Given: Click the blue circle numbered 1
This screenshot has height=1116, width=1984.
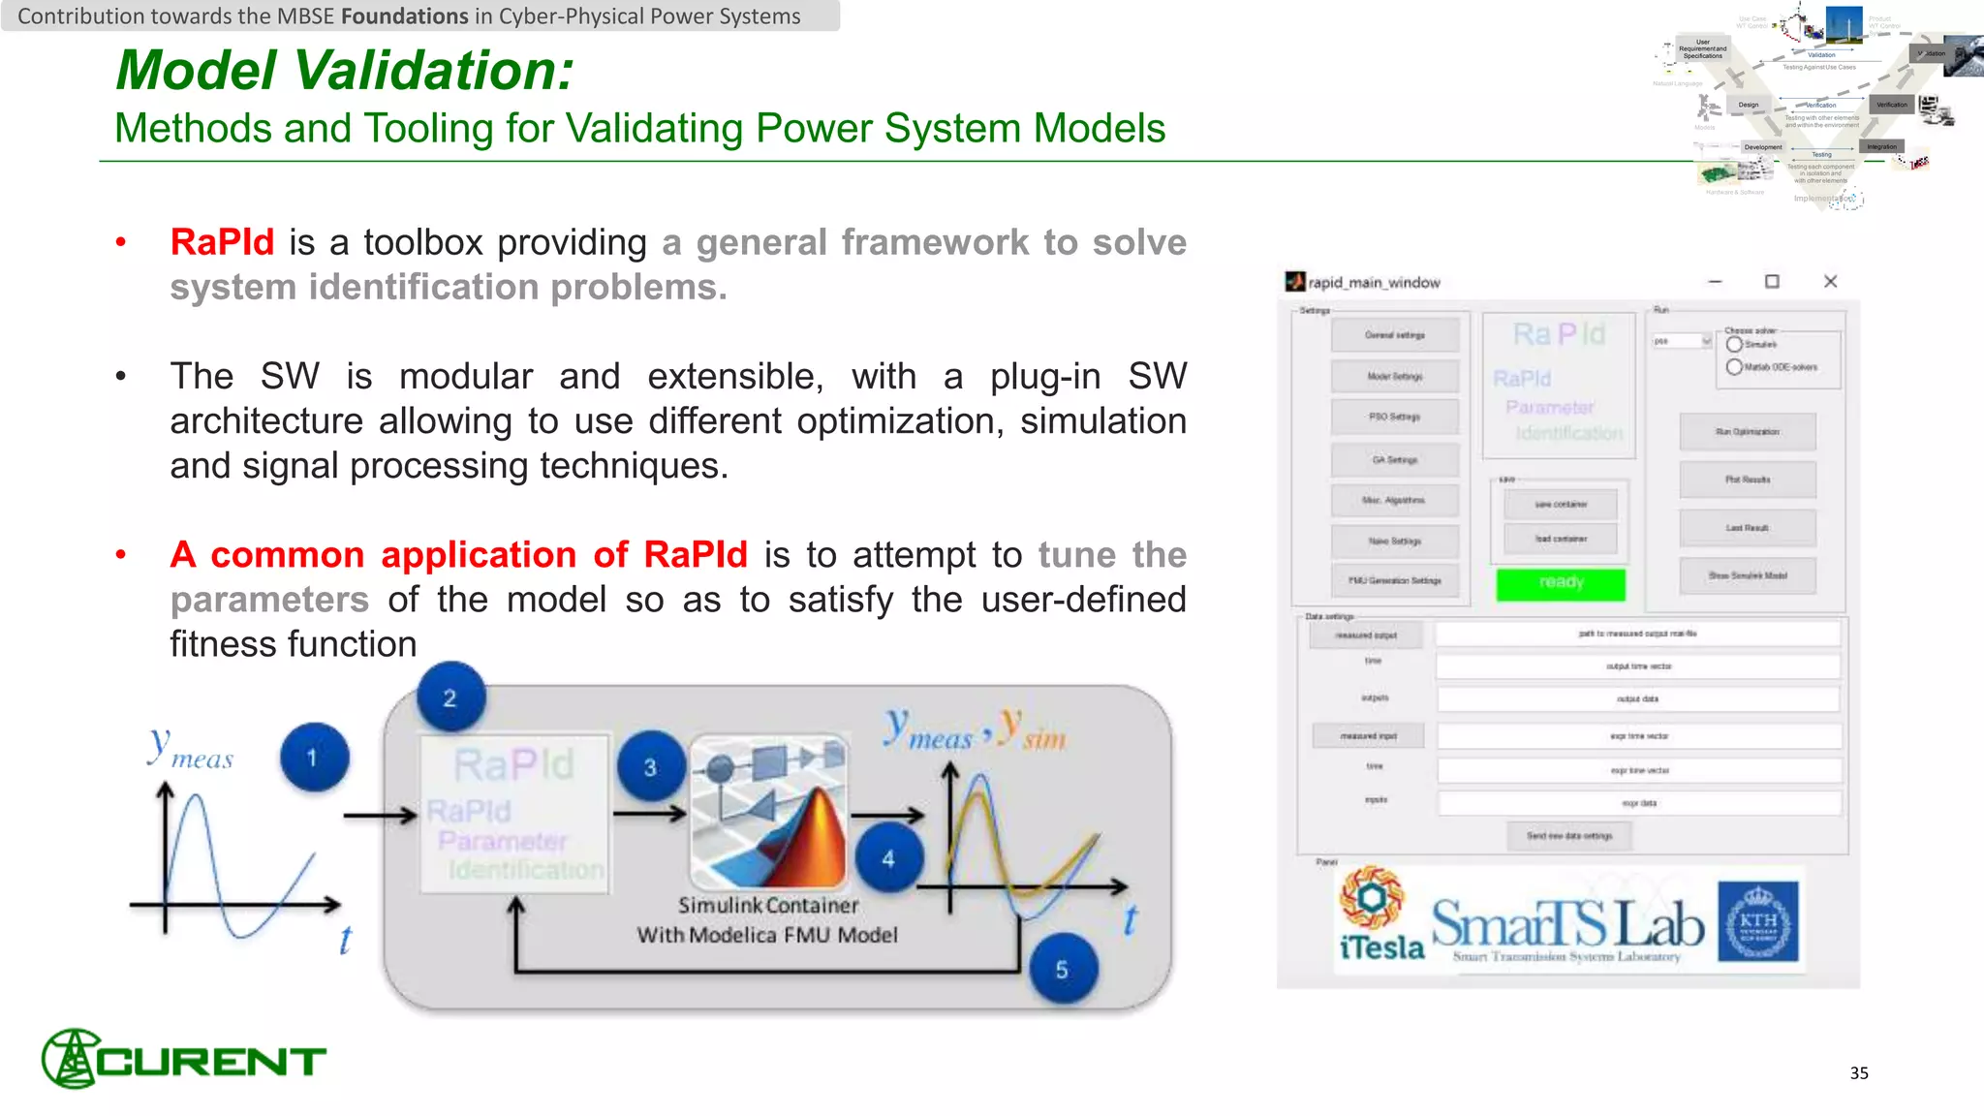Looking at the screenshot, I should (x=314, y=758).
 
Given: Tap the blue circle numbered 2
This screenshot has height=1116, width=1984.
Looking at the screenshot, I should (x=450, y=697).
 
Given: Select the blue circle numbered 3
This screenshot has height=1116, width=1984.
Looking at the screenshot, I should (x=650, y=767).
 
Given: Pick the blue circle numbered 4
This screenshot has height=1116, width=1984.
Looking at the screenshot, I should (x=888, y=858).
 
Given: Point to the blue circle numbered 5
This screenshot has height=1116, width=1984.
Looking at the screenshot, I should (x=1063, y=970).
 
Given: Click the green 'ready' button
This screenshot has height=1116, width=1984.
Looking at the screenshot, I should (x=1561, y=583).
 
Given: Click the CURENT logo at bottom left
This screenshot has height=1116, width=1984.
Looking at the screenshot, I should (x=184, y=1060).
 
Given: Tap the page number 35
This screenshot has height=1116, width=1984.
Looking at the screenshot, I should (x=1858, y=1072).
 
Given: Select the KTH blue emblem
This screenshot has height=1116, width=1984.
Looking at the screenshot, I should (x=1757, y=921).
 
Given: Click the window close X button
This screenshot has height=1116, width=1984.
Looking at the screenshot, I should (x=1830, y=282).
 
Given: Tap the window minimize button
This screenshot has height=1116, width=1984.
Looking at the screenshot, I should (x=1715, y=282).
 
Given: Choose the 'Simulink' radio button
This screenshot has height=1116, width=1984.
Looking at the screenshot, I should (x=1734, y=344).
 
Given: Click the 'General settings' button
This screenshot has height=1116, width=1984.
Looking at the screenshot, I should (x=1395, y=335).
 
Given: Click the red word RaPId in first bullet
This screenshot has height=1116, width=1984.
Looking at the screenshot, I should (x=222, y=242).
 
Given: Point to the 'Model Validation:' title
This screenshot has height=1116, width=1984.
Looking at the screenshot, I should (x=345, y=71).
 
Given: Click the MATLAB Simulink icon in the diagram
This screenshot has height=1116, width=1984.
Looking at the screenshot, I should (x=769, y=812).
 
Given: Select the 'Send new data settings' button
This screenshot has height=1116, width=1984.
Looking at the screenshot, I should (x=1569, y=836).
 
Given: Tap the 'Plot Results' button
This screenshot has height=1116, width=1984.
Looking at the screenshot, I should (x=1748, y=480).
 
